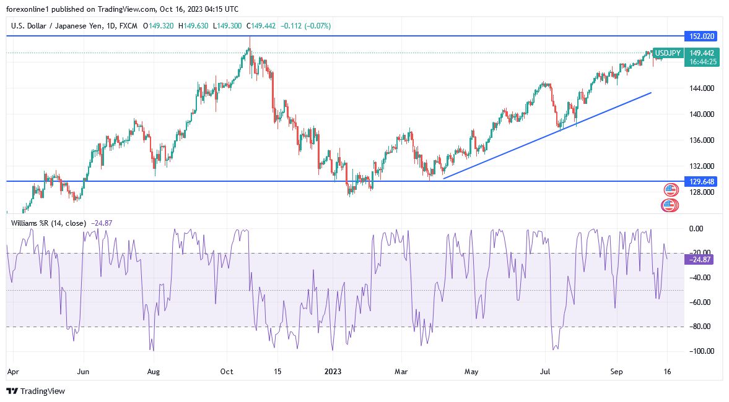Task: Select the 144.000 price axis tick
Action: pos(699,88)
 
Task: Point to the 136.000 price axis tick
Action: pos(699,140)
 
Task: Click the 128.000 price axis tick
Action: pos(699,192)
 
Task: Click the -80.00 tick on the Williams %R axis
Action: pos(699,327)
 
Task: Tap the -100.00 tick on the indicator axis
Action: pos(699,351)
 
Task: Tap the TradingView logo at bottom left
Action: pos(35,391)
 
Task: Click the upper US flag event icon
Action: pos(670,190)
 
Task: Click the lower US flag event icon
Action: pos(670,205)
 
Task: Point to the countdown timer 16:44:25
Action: pos(703,62)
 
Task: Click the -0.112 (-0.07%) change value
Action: pos(306,26)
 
